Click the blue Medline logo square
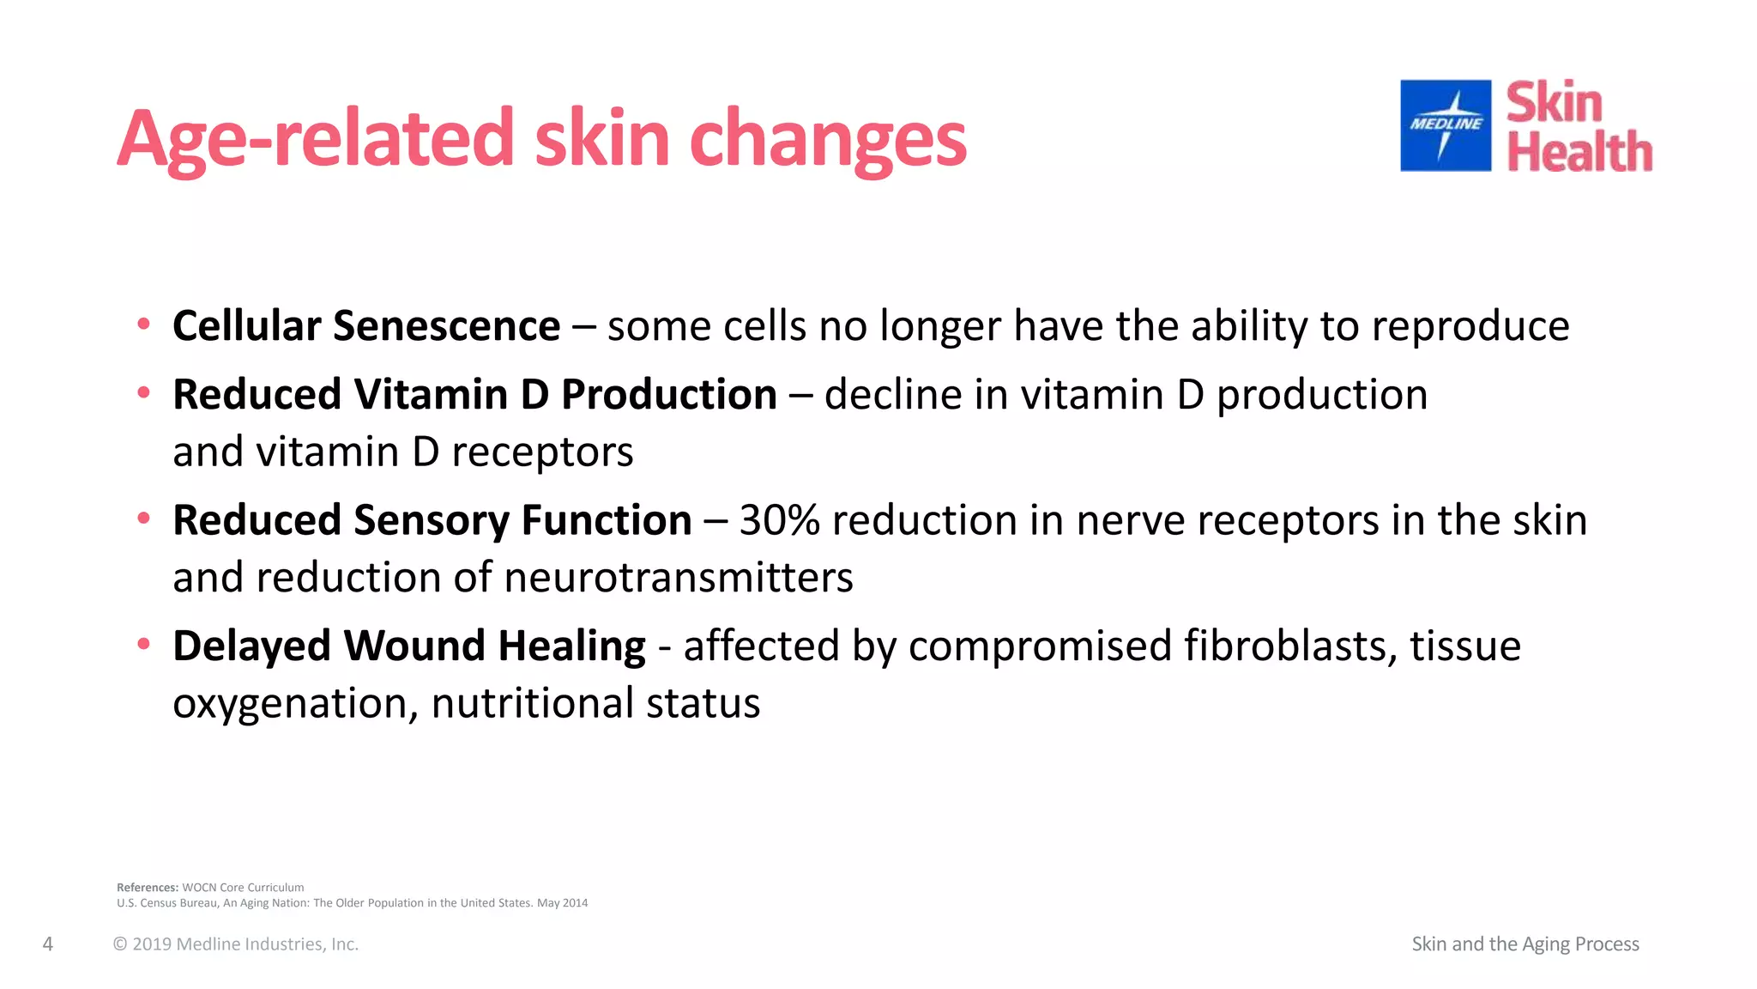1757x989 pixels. click(x=1446, y=125)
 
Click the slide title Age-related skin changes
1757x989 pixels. click(x=541, y=139)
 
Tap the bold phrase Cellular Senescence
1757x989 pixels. click(x=366, y=326)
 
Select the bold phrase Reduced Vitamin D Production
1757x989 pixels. click(x=474, y=395)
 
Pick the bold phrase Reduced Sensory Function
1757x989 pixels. click(x=432, y=520)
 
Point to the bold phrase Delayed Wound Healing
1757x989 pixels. click(x=408, y=646)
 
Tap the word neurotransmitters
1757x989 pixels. click(x=679, y=577)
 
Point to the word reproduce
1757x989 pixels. click(x=1470, y=326)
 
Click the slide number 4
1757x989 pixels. click(x=48, y=944)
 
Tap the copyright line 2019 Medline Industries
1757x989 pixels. click(x=236, y=944)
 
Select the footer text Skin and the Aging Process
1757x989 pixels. click(x=1525, y=944)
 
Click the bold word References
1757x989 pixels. click(x=148, y=888)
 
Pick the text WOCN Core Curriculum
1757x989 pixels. click(x=243, y=888)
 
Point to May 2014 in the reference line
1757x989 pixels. click(x=563, y=903)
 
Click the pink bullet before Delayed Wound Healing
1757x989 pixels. click(x=144, y=644)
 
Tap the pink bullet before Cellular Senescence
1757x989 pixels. click(x=144, y=325)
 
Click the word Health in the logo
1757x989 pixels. click(x=1579, y=153)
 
